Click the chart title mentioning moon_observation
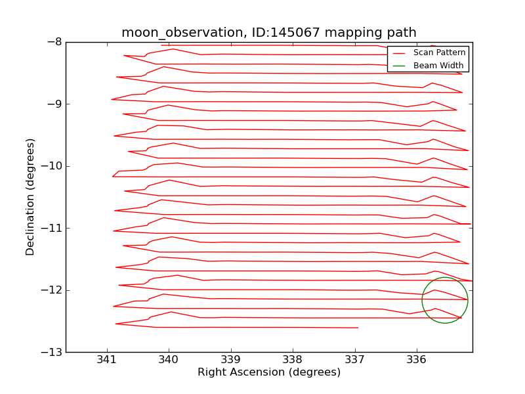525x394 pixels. click(x=268, y=33)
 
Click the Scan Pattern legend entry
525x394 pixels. click(x=438, y=53)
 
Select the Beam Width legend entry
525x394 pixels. click(x=438, y=66)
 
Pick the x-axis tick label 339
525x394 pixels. click(x=231, y=359)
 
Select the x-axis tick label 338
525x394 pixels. click(x=293, y=359)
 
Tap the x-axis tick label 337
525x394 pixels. click(x=355, y=359)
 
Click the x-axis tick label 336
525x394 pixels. click(x=417, y=359)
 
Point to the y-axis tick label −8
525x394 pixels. click(x=54, y=42)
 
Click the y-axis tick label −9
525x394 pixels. click(x=54, y=104)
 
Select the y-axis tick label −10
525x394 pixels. click(x=51, y=166)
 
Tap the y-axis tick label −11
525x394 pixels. click(x=51, y=228)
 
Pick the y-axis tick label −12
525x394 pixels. click(x=51, y=290)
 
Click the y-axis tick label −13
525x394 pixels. click(x=51, y=352)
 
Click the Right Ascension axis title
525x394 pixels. click(x=269, y=372)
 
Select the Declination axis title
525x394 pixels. click(x=30, y=197)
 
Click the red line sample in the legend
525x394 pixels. click(x=399, y=53)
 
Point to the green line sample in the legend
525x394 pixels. click(x=399, y=66)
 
